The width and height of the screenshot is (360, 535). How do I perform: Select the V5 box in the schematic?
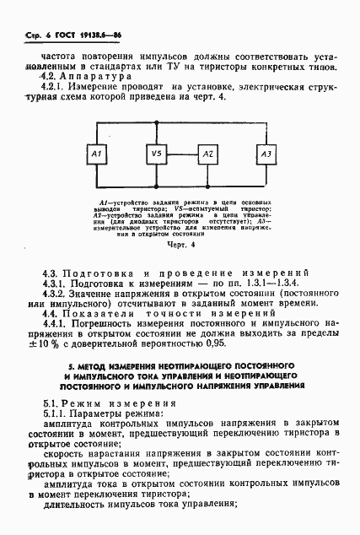coord(154,154)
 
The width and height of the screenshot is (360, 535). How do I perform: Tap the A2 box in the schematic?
coord(207,154)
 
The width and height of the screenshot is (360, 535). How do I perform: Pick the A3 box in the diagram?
coord(266,154)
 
